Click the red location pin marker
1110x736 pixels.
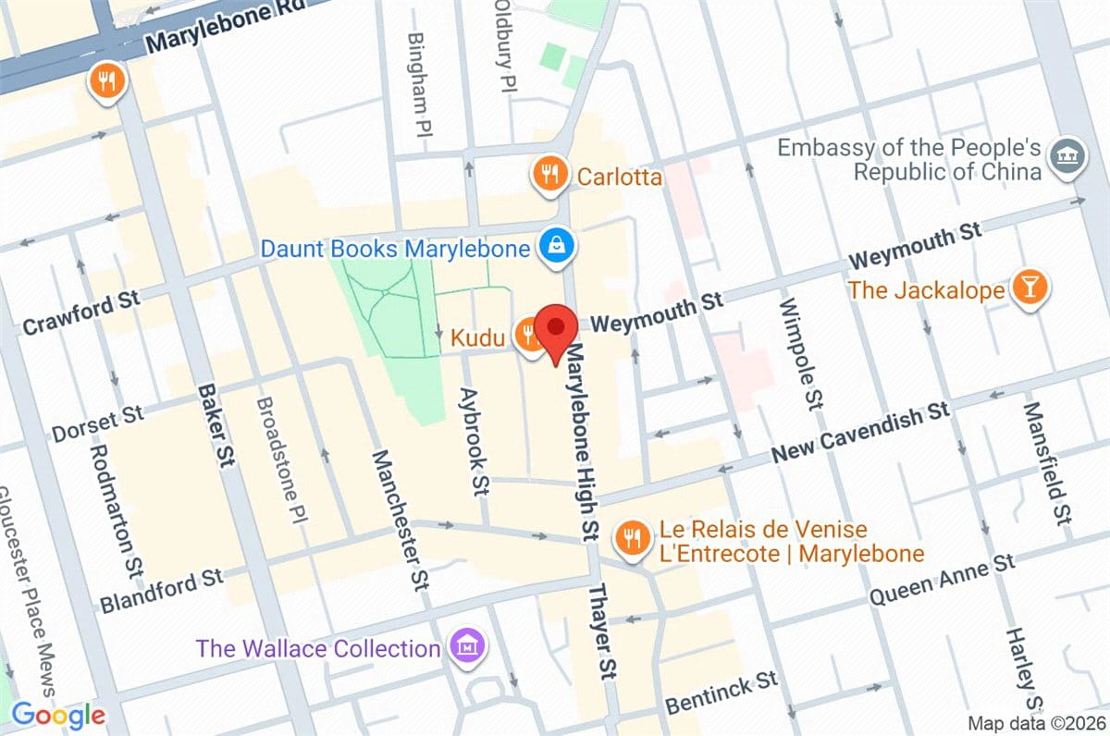click(x=556, y=329)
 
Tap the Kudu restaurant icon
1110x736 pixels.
click(x=531, y=338)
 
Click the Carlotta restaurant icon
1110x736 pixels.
click(x=550, y=174)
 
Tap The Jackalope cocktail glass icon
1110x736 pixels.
click(x=1029, y=288)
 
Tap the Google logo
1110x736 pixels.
click(x=57, y=715)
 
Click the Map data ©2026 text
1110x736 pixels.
click(x=1035, y=723)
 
